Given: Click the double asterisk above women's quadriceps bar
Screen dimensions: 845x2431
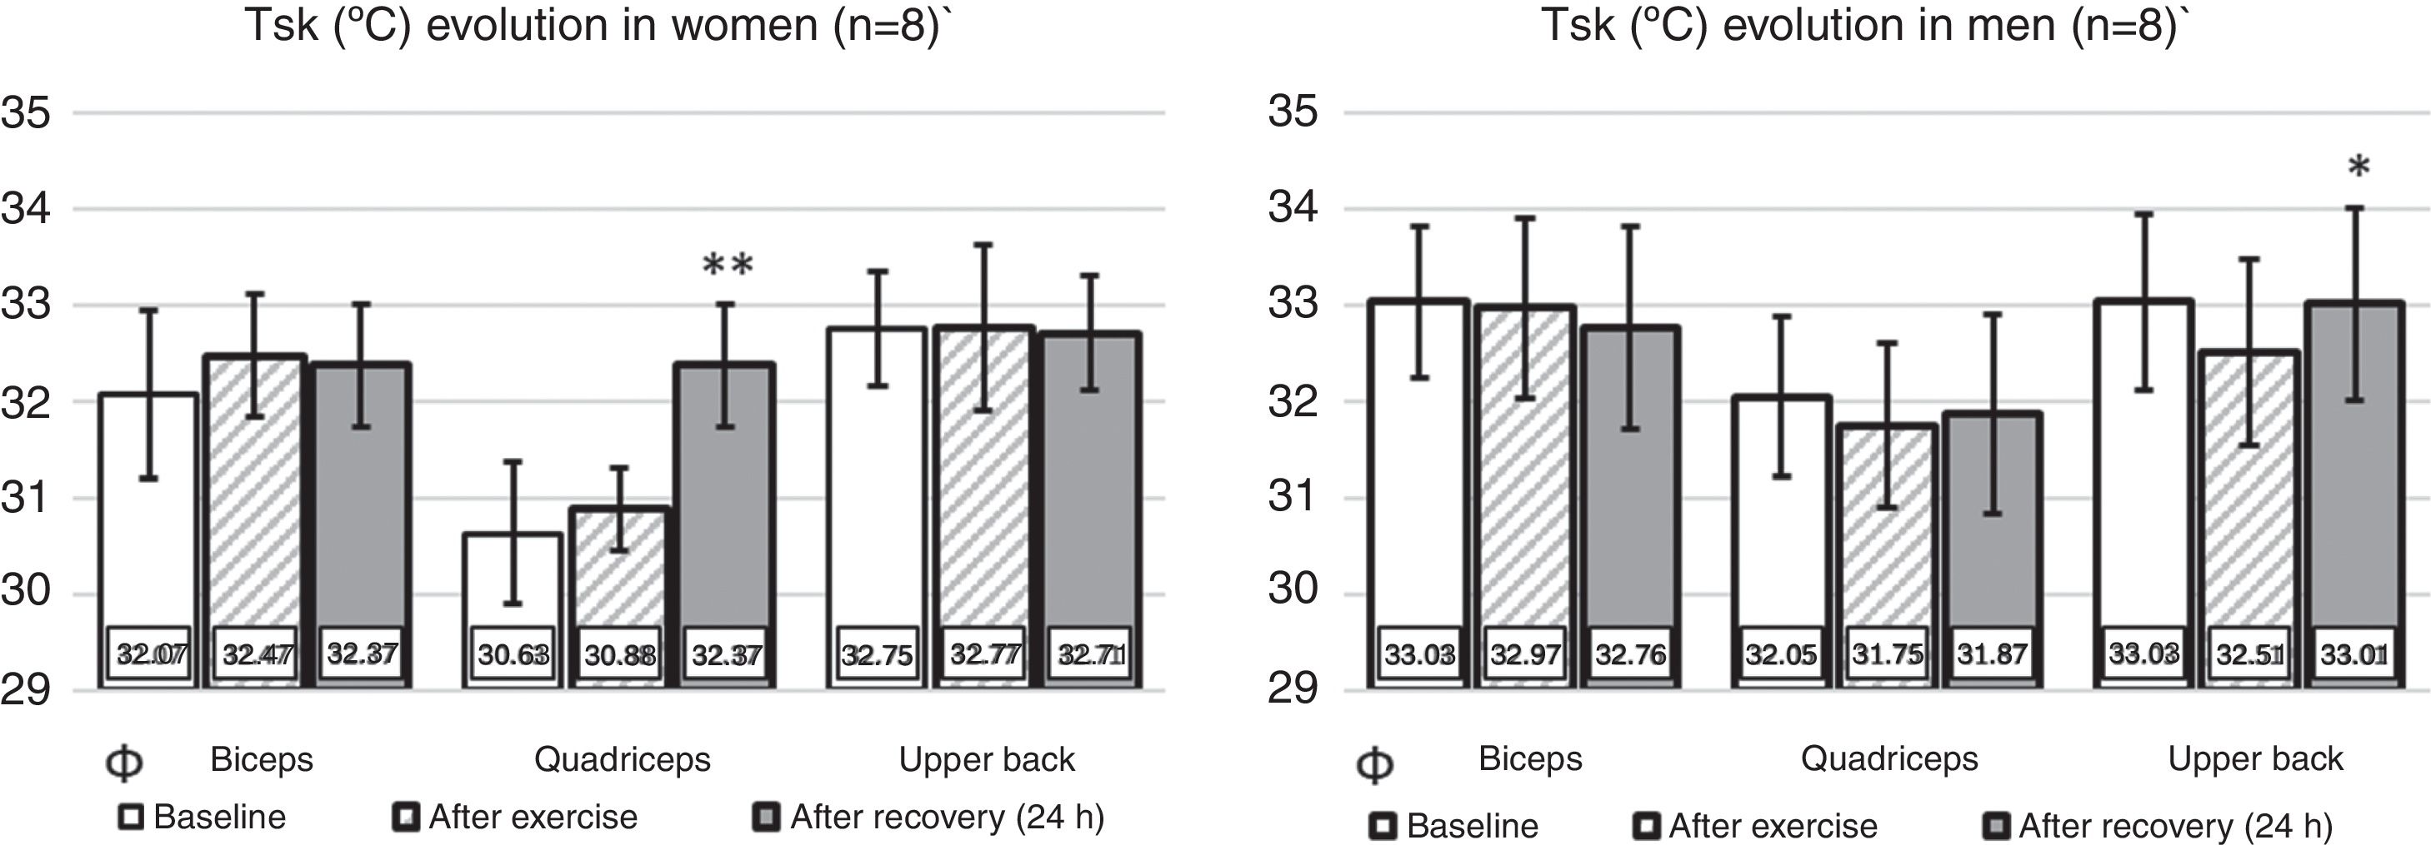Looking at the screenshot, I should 728,266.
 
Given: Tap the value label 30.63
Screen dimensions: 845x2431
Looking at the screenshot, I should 513,654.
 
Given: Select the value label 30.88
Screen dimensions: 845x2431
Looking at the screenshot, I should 620,654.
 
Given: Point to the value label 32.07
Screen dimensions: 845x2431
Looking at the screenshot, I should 151,654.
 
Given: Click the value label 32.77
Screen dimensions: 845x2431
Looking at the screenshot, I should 984,654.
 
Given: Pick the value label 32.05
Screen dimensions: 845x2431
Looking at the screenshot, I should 1780,654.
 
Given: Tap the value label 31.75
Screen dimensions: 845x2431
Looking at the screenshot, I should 1887,654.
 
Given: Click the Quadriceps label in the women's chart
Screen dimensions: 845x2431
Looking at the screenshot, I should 622,759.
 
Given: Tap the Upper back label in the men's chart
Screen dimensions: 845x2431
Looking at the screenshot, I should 2255,758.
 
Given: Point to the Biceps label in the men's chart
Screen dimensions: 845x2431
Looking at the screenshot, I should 1530,758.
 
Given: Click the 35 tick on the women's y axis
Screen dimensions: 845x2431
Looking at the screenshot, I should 26,113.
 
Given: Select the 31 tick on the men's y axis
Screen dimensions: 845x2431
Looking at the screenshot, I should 1293,497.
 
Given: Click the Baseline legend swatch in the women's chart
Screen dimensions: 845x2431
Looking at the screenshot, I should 130,817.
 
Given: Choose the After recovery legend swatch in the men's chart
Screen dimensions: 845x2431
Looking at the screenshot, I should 1997,826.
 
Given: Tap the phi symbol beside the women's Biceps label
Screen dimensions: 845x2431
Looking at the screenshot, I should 123,763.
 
